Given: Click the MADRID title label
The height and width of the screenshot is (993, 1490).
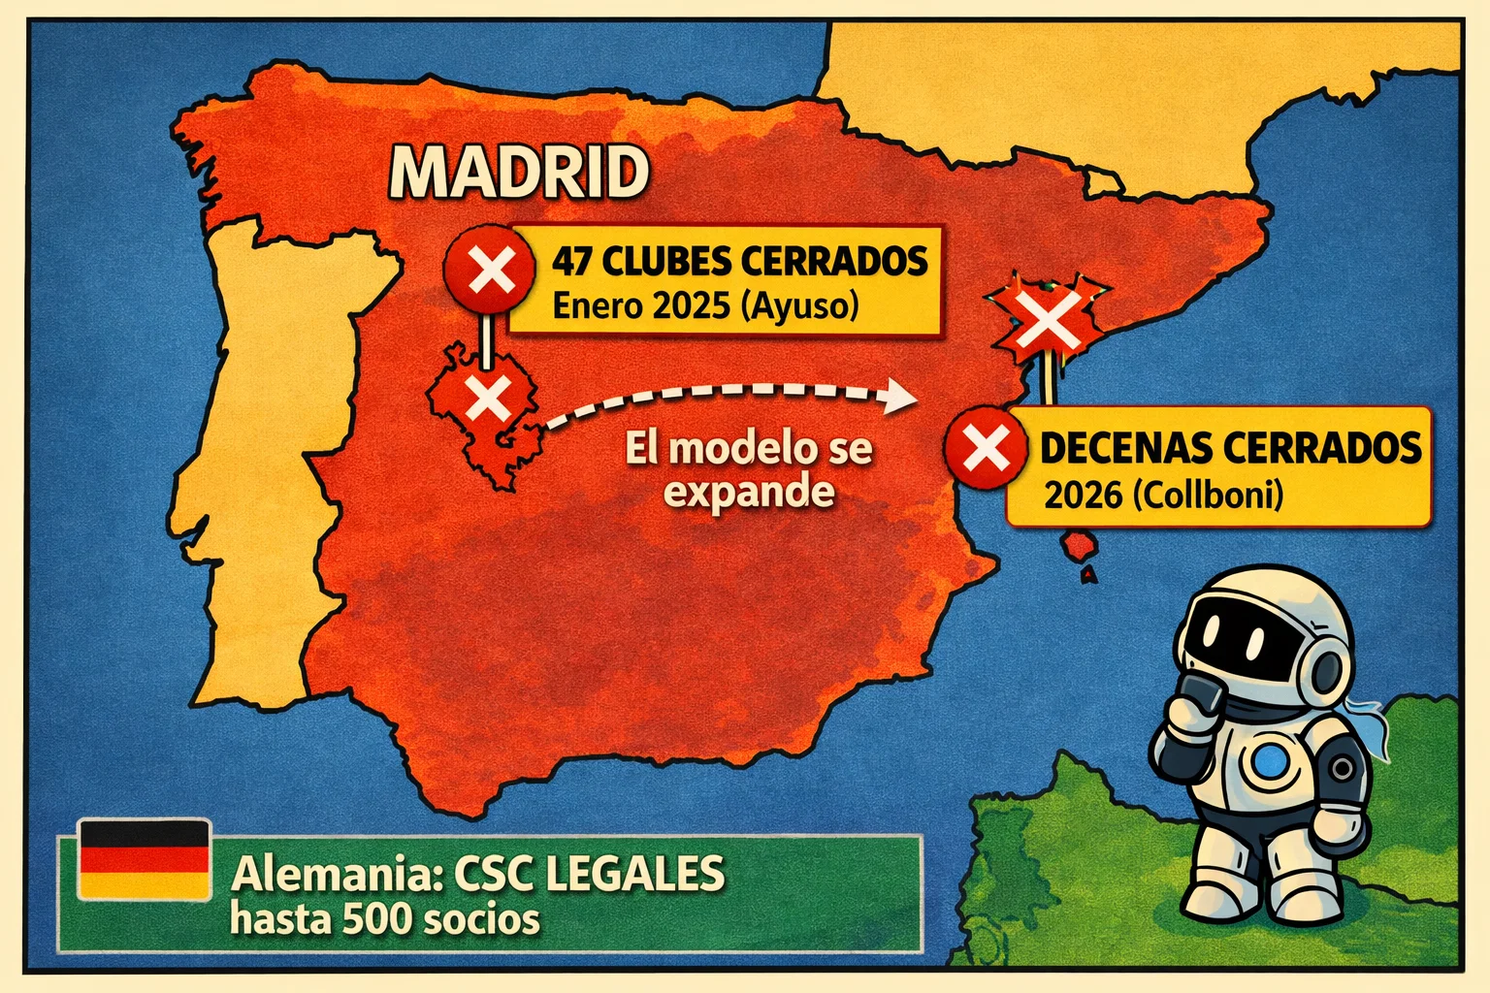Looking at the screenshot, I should (x=519, y=173).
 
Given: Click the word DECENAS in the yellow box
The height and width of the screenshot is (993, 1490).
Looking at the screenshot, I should (x=1124, y=448).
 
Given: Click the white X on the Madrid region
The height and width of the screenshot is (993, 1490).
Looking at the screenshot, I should (x=488, y=398).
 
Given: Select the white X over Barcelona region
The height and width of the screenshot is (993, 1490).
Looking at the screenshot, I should (x=1046, y=321).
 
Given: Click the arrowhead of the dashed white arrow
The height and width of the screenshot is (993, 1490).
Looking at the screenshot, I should (x=901, y=396).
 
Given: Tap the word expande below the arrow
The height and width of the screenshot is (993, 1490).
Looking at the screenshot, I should (x=749, y=492).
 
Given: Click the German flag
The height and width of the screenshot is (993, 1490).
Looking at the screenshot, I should (x=144, y=858).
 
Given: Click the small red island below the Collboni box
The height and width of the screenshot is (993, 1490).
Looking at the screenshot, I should (x=1079, y=547).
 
